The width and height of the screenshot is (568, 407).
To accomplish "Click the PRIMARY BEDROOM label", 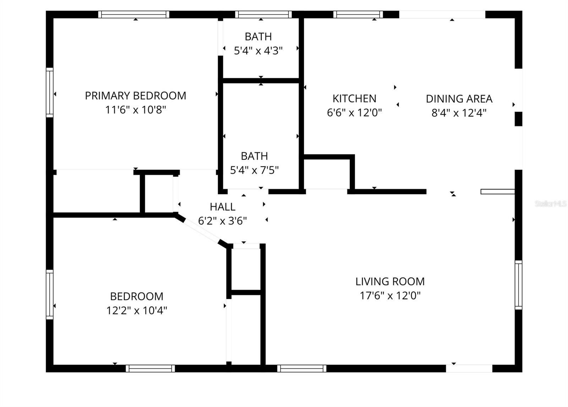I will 135,96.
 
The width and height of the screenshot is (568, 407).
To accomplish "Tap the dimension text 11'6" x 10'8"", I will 135,110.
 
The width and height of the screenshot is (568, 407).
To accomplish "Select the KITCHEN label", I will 354,98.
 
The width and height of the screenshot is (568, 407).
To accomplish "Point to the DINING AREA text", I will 459,99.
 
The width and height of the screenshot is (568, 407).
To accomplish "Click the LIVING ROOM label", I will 390,282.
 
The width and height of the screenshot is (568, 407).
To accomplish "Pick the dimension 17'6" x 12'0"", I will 390,296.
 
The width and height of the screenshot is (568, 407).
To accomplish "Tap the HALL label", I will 222,207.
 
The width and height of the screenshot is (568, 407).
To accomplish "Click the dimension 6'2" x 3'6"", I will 222,221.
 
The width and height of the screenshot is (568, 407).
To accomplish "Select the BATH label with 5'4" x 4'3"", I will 258,37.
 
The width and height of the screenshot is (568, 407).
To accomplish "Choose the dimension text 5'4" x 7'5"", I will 254,170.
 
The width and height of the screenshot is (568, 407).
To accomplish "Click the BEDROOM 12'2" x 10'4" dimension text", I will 137,311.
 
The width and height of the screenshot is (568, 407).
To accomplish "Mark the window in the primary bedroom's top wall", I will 133,15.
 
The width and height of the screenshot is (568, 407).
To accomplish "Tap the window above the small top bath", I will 263,15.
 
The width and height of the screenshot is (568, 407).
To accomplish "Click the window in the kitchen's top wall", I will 358,15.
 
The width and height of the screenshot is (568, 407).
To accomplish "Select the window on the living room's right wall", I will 518,285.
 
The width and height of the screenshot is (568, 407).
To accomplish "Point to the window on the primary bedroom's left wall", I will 50,92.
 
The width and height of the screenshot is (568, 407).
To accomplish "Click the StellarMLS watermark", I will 551,204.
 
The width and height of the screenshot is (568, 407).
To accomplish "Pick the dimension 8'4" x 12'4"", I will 459,113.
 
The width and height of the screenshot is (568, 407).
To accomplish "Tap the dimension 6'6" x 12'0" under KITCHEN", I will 354,113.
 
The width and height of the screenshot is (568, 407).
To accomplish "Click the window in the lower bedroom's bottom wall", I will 150,369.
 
